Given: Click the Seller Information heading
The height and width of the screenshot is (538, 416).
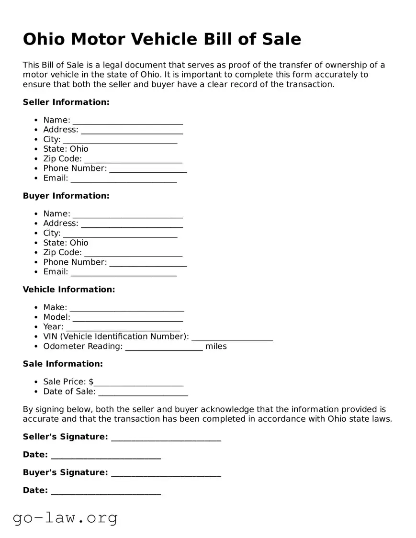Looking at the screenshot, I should click(x=66, y=102).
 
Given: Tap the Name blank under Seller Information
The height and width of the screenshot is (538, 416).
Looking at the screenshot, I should click(x=127, y=121).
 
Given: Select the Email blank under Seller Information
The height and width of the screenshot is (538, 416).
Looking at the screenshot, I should click(x=124, y=179).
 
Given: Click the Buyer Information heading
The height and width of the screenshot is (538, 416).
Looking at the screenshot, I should click(x=66, y=196).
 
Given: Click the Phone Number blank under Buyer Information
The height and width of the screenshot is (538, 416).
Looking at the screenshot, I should click(x=148, y=263).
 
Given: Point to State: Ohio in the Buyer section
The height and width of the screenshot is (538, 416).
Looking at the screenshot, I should click(x=66, y=243).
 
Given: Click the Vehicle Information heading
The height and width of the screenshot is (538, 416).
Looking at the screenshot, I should click(x=69, y=290).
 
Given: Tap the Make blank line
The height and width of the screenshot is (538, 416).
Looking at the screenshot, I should click(x=126, y=308).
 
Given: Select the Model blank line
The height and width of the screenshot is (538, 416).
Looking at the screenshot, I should click(x=127, y=318).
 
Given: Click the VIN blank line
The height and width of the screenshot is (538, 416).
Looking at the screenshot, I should click(x=232, y=337).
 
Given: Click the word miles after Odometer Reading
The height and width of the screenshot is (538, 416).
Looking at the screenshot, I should click(x=216, y=346).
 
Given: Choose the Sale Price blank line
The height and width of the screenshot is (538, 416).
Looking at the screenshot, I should click(x=139, y=382).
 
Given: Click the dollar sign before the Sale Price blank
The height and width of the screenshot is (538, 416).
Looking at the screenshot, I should click(x=91, y=382).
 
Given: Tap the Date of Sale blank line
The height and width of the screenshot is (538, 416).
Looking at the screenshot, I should click(x=143, y=392).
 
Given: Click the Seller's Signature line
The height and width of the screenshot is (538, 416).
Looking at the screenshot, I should click(x=166, y=437).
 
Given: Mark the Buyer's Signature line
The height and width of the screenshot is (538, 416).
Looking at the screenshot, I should click(x=166, y=473).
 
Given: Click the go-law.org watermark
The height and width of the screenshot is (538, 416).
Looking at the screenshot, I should click(x=65, y=517).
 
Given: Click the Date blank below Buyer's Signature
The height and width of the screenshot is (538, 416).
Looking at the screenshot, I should click(x=105, y=491).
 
